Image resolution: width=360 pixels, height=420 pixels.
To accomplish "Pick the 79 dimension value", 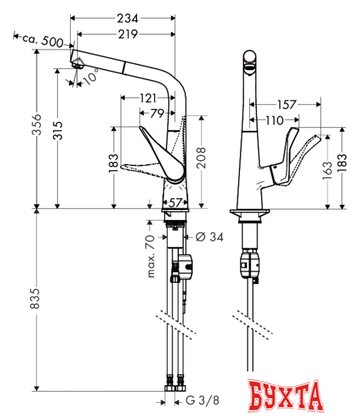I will click(x=157, y=112).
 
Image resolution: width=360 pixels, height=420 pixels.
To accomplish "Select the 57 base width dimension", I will click(x=173, y=203).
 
